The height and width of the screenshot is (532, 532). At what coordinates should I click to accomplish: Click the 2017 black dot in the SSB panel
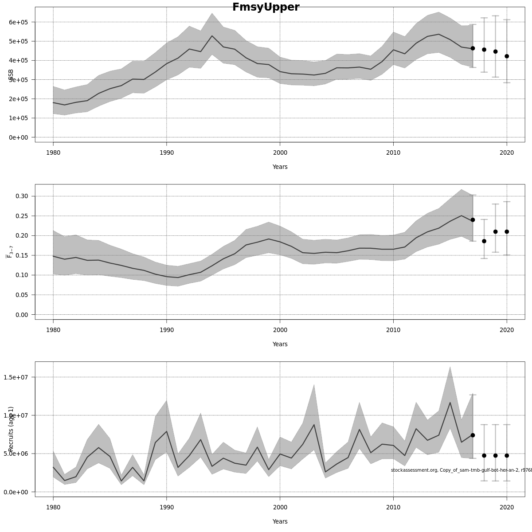point(473,48)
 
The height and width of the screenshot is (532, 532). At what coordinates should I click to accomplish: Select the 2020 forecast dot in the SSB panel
point(507,56)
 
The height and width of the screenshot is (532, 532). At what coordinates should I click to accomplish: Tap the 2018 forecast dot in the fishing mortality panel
point(484,241)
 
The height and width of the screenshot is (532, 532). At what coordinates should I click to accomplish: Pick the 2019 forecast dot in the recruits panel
point(495,455)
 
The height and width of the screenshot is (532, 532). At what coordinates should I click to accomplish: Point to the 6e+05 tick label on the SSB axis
point(19,22)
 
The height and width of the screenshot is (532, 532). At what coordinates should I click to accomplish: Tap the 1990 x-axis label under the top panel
point(166,153)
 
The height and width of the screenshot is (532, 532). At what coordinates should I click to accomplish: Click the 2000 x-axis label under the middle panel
point(280,330)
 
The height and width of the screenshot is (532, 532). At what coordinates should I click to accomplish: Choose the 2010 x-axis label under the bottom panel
point(393,507)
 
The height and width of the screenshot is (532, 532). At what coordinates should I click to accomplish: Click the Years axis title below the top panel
point(280,167)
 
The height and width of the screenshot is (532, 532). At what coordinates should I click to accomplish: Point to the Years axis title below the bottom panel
point(280,521)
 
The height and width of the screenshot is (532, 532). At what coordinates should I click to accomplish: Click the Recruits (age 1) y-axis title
point(11,429)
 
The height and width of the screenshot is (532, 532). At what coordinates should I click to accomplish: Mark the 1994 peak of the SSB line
point(212,36)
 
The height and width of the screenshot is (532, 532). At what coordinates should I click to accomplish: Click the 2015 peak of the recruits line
point(450,403)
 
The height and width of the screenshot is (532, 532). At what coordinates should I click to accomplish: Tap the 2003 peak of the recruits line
point(314,425)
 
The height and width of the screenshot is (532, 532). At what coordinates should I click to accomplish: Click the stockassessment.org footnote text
point(461,470)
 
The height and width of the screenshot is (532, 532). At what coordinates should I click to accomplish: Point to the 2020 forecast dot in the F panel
point(507,232)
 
